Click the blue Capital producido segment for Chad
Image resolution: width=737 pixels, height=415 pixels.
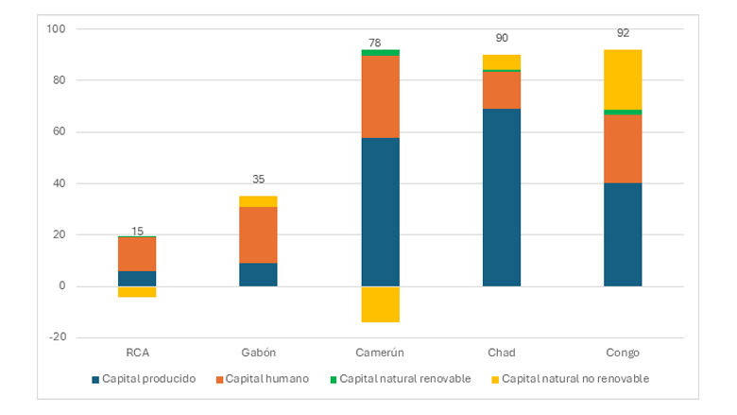[x=502, y=197]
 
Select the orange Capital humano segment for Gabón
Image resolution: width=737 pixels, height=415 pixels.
[x=258, y=234]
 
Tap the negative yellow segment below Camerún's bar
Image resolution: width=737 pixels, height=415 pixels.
[x=380, y=303]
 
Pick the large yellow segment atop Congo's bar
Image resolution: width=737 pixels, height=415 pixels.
[x=623, y=79]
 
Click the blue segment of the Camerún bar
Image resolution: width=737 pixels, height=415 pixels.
[x=380, y=212]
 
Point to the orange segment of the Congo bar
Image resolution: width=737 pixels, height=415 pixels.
[x=623, y=148]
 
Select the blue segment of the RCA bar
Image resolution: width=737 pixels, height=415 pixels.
[x=137, y=278]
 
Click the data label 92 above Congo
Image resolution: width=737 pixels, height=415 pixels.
[x=623, y=41]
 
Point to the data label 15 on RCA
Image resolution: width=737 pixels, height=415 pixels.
[x=137, y=232]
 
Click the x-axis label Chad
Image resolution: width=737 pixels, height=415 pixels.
[x=502, y=353]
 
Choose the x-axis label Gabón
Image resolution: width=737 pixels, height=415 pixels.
[x=258, y=353]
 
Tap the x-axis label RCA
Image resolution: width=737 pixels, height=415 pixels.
[x=137, y=353]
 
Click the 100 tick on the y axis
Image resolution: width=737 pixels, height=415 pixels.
[x=56, y=29]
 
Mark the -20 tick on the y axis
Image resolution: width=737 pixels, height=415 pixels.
[x=56, y=337]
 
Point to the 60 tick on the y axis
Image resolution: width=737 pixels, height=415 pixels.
[x=58, y=132]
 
